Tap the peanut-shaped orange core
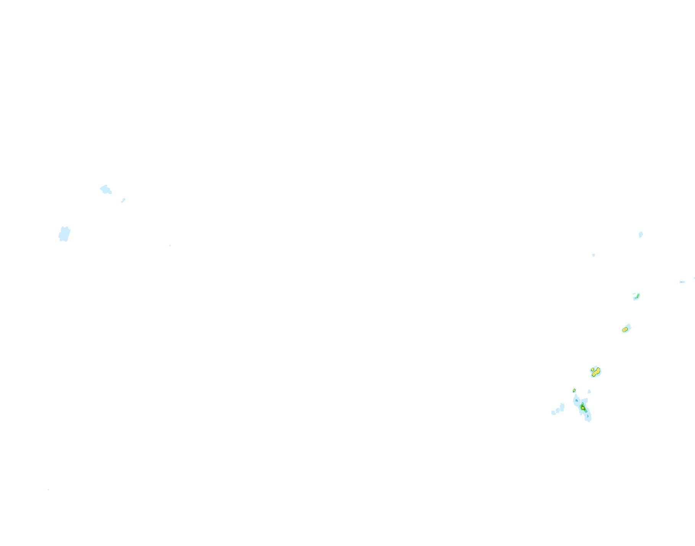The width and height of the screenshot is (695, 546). pos(596,372)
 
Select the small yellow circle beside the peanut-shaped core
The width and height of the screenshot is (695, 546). pos(592,369)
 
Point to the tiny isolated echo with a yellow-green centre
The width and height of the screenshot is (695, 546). pos(574,391)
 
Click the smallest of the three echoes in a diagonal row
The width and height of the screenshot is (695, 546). pos(553,413)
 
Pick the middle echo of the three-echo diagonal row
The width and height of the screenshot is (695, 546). pos(558,410)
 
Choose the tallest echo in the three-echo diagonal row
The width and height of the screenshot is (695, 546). pos(562,407)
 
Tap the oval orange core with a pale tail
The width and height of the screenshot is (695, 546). pos(625,329)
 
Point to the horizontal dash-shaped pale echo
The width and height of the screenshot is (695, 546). pos(682,282)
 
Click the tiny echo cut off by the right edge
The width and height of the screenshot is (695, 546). pos(694,278)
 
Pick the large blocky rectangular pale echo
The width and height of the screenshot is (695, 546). pos(64,234)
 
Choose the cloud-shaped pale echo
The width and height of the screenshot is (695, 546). pos(105,189)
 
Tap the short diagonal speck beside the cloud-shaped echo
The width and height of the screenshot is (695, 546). pos(123,201)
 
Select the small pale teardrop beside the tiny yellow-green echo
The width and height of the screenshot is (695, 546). pos(589,391)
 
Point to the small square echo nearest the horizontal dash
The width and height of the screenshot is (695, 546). pos(594,255)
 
